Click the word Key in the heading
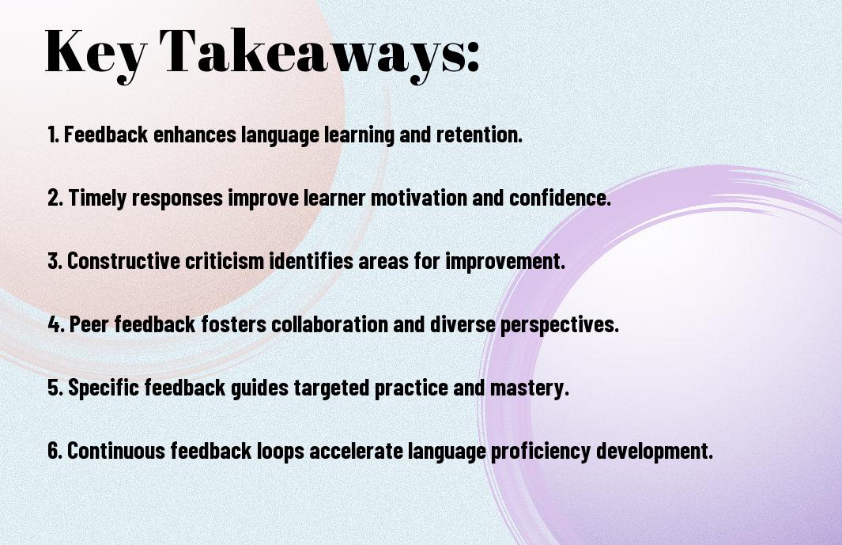95,53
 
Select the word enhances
194,134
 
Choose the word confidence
560,198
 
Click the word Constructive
123,261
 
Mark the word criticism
225,261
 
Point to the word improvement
504,261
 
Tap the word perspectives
560,324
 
